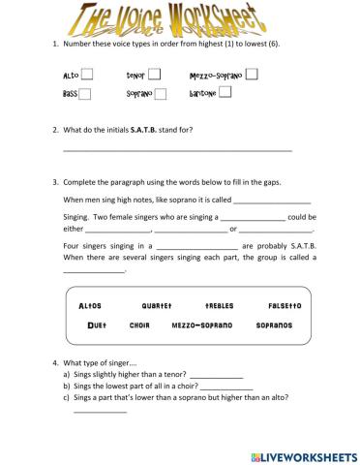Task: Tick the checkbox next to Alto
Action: tap(88, 74)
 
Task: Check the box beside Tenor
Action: tap(154, 74)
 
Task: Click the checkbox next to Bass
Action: tap(85, 94)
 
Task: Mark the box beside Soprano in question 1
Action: tap(161, 94)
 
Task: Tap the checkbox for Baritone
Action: tap(225, 93)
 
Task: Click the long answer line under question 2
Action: tap(177, 150)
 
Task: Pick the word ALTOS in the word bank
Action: tap(90, 306)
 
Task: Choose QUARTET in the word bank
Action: tap(155, 306)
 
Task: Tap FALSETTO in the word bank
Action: tap(284, 306)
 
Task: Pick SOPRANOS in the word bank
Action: tap(274, 325)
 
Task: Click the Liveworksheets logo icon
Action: tap(255, 454)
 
